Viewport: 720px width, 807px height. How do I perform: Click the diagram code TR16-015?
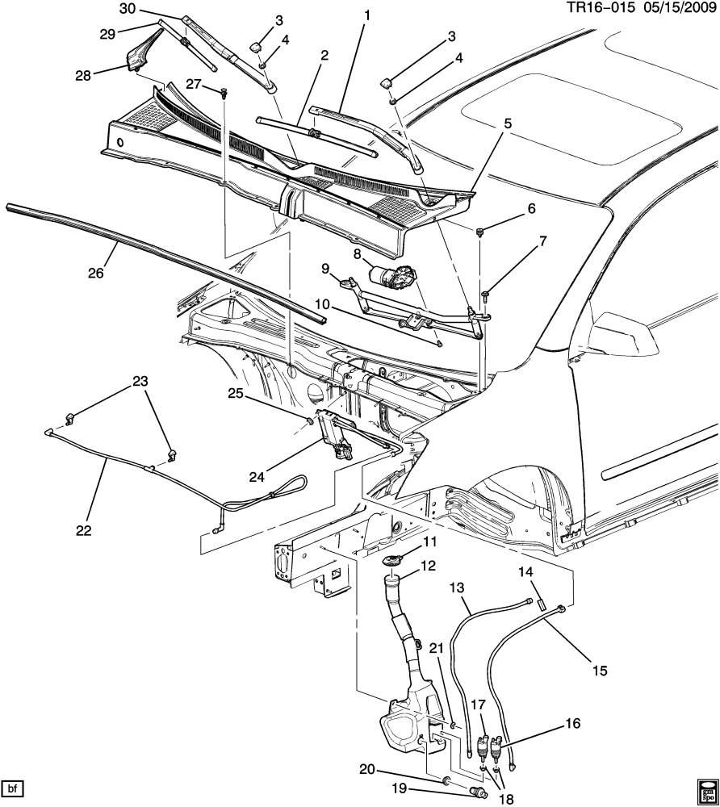[x=600, y=9]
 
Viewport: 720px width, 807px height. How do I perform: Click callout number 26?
[x=96, y=272]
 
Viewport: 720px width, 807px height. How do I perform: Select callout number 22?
[x=83, y=530]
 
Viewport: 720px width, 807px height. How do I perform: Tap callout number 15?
[x=600, y=671]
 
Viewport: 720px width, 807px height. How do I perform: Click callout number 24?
[x=257, y=477]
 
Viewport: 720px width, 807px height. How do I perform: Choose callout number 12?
[x=428, y=566]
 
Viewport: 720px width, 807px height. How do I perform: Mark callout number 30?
[x=128, y=8]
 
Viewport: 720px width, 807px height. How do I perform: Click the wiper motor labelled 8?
[x=392, y=275]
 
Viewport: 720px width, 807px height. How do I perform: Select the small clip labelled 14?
[x=542, y=604]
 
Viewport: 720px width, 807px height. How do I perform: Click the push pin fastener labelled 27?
[x=224, y=92]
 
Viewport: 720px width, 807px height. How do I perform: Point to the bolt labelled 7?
[x=486, y=295]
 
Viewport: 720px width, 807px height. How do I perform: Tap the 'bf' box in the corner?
[x=14, y=788]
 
